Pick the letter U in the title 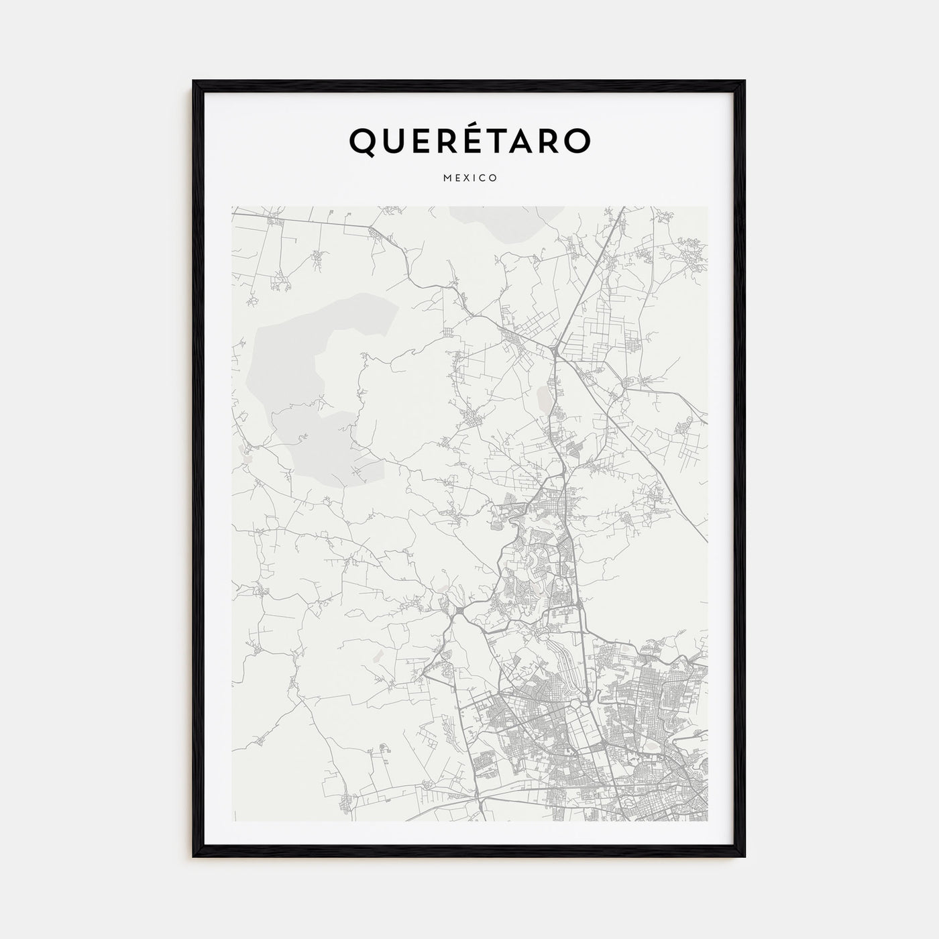pyautogui.click(x=394, y=140)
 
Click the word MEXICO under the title pyautogui.click(x=469, y=178)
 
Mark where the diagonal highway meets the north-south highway pyautogui.click(x=555, y=349)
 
